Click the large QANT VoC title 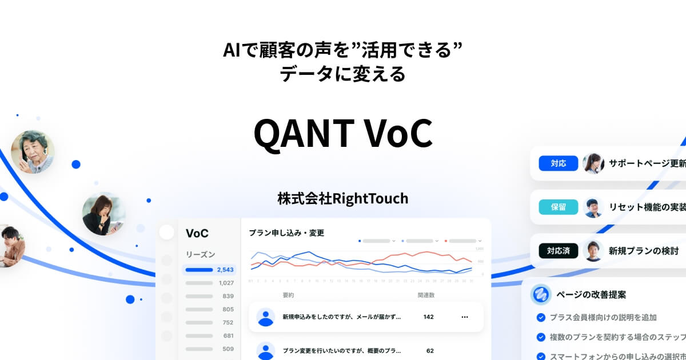click(x=342, y=133)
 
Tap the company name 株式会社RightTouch click(x=342, y=198)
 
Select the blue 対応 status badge click(x=558, y=163)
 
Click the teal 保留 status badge click(x=558, y=207)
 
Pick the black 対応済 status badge click(x=558, y=250)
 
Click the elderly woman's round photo click(x=33, y=152)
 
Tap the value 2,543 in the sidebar click(x=225, y=270)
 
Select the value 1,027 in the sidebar click(x=226, y=283)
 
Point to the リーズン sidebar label click(x=200, y=254)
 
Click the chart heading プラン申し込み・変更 click(x=286, y=233)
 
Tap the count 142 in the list click(x=428, y=317)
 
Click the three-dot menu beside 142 click(x=464, y=317)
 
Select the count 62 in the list click(x=430, y=350)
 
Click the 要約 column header click(x=288, y=295)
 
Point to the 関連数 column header click(x=426, y=295)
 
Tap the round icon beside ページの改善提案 click(x=540, y=294)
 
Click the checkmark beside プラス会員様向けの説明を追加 click(x=540, y=317)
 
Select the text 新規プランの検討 click(x=643, y=250)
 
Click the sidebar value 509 click(x=228, y=349)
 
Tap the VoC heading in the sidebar click(x=197, y=233)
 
